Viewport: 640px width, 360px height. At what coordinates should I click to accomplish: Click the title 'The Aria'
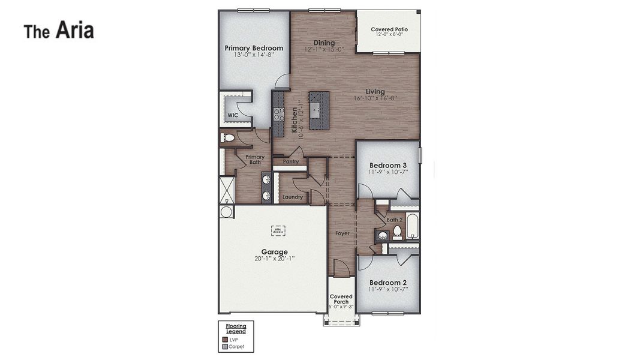point(59,31)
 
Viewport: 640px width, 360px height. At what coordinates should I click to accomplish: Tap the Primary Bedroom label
point(254,48)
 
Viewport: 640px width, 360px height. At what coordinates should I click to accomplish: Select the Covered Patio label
point(389,29)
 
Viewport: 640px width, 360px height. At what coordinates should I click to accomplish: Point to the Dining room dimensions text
point(324,50)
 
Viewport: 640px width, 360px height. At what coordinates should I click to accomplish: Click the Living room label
point(375,92)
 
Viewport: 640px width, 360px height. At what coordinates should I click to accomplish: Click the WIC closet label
point(233,115)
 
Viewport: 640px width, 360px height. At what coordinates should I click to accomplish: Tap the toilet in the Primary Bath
point(227,138)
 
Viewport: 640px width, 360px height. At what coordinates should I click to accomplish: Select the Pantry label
point(290,161)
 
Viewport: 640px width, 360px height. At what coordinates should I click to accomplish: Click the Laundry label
point(292,197)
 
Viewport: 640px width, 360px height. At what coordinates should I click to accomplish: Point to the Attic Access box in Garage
point(278,229)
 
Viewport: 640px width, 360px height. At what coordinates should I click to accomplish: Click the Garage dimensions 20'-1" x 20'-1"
point(274,259)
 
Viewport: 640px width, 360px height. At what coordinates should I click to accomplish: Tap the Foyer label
point(342,233)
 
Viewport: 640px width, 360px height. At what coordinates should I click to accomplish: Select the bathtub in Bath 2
point(413,226)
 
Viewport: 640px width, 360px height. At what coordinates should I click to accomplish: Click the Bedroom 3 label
point(387,165)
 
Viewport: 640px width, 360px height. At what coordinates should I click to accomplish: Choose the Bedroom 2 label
point(387,283)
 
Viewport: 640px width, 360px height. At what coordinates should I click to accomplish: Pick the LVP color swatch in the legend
point(225,340)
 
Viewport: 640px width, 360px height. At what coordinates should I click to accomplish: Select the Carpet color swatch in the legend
point(225,346)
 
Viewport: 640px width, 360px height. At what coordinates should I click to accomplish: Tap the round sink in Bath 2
point(383,236)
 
